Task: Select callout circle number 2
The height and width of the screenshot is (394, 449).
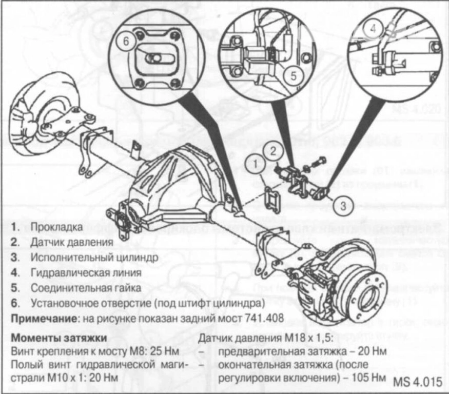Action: pyautogui.click(x=274, y=151)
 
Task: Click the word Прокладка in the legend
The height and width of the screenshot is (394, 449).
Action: pyautogui.click(x=52, y=226)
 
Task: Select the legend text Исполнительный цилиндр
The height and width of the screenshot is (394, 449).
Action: pyautogui.click(x=85, y=257)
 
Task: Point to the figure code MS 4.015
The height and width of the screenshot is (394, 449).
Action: pyautogui.click(x=418, y=382)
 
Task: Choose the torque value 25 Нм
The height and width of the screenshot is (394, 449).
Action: pyautogui.click(x=165, y=352)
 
